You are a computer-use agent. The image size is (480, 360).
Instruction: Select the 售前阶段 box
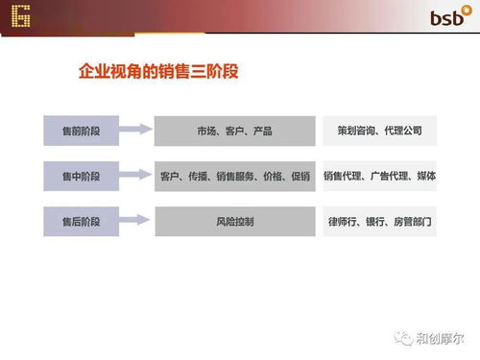click(x=81, y=130)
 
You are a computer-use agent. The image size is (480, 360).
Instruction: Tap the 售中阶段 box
click(x=81, y=176)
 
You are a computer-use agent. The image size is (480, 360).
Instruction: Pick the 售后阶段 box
click(x=81, y=222)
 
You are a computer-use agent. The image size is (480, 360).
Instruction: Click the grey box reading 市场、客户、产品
click(x=234, y=130)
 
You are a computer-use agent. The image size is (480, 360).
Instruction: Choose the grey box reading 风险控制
click(x=234, y=222)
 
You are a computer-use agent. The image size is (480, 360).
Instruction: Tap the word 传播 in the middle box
click(x=200, y=177)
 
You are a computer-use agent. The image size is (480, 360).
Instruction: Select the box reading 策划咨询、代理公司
click(x=379, y=130)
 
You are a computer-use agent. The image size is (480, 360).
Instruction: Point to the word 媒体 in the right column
click(x=426, y=176)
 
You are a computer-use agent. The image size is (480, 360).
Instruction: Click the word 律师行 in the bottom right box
click(x=343, y=222)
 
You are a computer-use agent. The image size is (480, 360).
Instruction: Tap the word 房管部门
click(x=413, y=222)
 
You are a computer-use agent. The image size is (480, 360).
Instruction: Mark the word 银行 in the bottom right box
click(x=375, y=222)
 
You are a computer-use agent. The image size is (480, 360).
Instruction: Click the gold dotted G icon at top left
click(x=17, y=16)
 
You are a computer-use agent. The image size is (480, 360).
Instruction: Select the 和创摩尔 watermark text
click(x=439, y=337)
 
